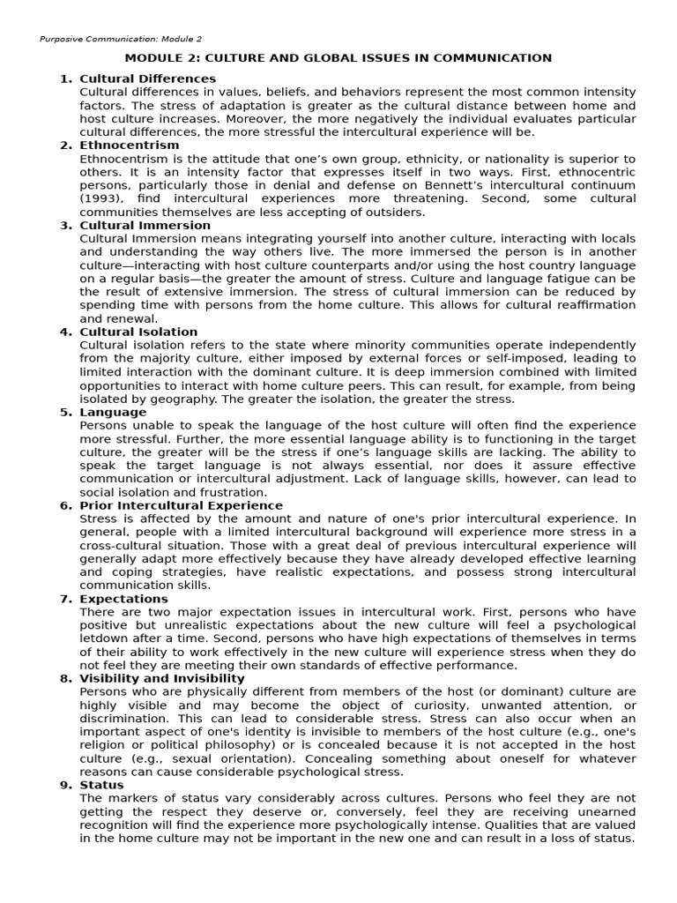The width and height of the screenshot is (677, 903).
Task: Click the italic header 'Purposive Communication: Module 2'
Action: pyautogui.click(x=121, y=39)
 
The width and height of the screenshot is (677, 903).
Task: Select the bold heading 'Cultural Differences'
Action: pyautogui.click(x=147, y=78)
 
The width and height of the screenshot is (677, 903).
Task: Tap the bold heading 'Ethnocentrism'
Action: pyautogui.click(x=129, y=145)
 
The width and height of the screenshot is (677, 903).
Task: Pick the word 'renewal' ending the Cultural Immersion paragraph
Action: pyautogui.click(x=132, y=318)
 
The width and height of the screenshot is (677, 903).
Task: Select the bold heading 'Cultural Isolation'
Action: pyautogui.click(x=138, y=332)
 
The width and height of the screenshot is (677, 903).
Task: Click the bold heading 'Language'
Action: pyautogui.click(x=107, y=412)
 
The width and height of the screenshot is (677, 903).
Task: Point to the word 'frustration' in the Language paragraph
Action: pyautogui.click(x=231, y=492)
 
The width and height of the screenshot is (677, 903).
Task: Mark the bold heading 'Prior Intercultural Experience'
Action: pyautogui.click(x=182, y=505)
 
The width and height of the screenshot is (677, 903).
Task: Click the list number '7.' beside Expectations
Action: pyautogui.click(x=66, y=599)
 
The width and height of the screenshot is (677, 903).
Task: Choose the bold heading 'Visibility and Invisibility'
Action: pyautogui.click(x=162, y=678)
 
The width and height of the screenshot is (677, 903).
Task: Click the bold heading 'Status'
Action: pyautogui.click(x=101, y=785)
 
